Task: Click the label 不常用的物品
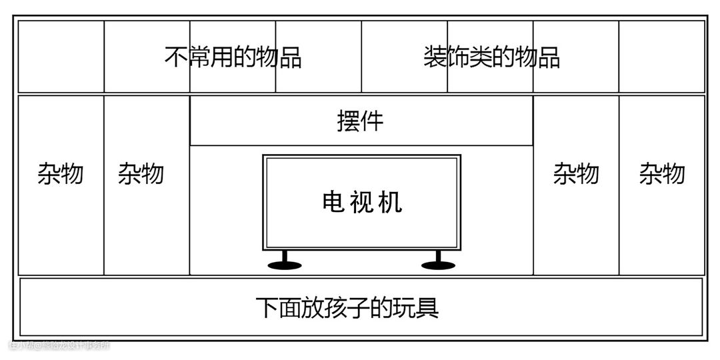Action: pyautogui.click(x=233, y=57)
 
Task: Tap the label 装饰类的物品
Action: pyautogui.click(x=491, y=57)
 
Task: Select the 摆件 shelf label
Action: pyautogui.click(x=361, y=121)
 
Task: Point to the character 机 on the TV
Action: pyautogui.click(x=391, y=201)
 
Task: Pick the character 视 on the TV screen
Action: pyautogui.click(x=362, y=201)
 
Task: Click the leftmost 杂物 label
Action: pyautogui.click(x=61, y=174)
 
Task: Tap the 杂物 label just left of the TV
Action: pyautogui.click(x=141, y=174)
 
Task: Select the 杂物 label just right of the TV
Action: pyautogui.click(x=576, y=174)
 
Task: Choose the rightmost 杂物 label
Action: pyautogui.click(x=662, y=174)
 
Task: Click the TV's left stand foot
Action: pyautogui.click(x=285, y=265)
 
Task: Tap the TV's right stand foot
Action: pyautogui.click(x=438, y=265)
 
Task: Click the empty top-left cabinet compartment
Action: pyautogui.click(x=61, y=57)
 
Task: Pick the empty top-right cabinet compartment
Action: pyautogui.click(x=662, y=57)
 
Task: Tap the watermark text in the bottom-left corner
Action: pyautogui.click(x=59, y=345)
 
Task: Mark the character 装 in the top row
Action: pyautogui.click(x=435, y=57)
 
